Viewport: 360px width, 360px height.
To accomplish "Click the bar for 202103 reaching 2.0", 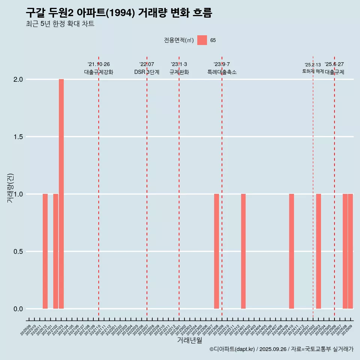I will pos(61,194).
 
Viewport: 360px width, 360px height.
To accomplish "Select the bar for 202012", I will pos(45,251).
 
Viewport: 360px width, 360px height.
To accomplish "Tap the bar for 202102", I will pos(55,251).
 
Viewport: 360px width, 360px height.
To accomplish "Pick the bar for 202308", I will pos(216,251).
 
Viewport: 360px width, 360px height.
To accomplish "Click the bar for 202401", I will pos(243,251).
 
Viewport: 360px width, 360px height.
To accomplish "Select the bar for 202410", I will pos(291,251).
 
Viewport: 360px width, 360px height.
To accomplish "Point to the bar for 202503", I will pos(318,251).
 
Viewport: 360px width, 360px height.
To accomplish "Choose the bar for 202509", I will pos(351,251).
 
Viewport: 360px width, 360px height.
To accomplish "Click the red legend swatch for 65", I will pos(202,40).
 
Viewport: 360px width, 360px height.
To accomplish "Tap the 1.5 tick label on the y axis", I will pos(18,137).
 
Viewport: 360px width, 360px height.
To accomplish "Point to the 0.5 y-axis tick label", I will pos(18,252).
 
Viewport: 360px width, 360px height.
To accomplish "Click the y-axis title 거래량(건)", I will pos(10,187).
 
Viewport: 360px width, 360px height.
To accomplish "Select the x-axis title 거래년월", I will pos(189,340).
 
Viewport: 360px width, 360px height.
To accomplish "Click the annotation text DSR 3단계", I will pos(147,72).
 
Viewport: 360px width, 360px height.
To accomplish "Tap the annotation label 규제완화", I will pos(179,72).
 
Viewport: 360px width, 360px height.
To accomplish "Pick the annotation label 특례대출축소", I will pos(222,72).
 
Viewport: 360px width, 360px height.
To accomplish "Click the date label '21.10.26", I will pos(99,64).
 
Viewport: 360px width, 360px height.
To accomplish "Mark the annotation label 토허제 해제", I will pos(313,71).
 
